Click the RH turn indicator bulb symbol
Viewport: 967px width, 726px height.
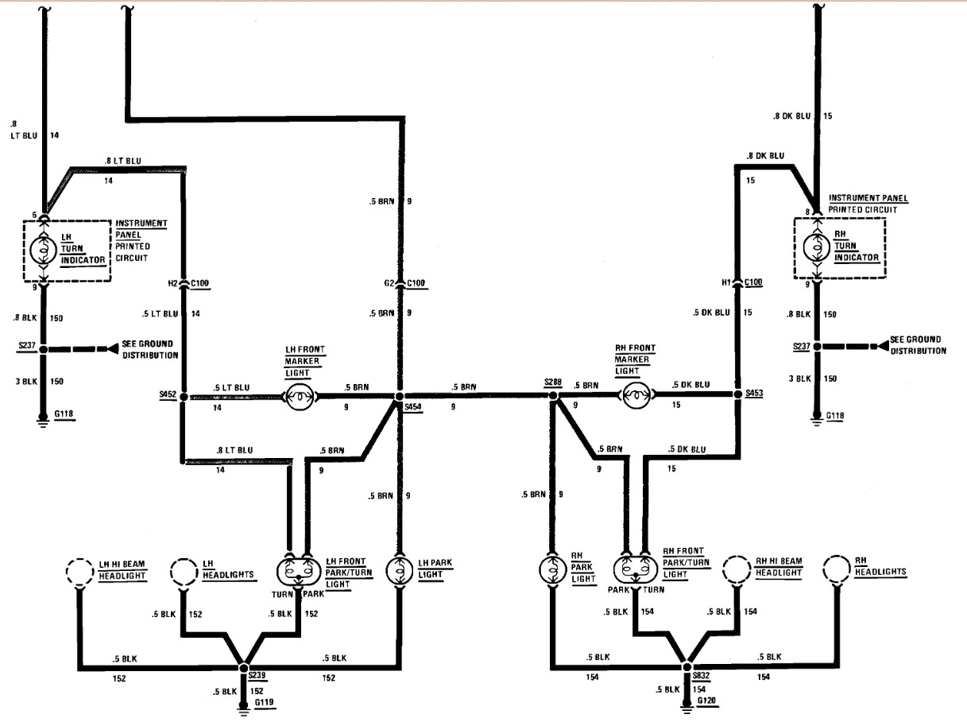click(x=816, y=249)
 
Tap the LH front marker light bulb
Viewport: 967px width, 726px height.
click(x=298, y=395)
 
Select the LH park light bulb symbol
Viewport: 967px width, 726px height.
click(x=398, y=570)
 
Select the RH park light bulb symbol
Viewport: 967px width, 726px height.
click(x=551, y=570)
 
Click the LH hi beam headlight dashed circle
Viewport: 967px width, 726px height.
click(x=79, y=572)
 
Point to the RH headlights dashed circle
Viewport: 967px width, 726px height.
click(x=837, y=570)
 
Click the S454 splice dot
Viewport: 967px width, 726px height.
click(x=400, y=395)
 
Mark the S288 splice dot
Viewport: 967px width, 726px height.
click(x=551, y=395)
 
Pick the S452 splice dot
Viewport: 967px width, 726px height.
click(x=184, y=395)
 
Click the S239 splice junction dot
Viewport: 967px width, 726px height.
click(x=244, y=665)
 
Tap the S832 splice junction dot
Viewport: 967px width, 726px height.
click(x=687, y=665)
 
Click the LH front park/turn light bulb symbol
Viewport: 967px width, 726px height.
click(x=297, y=571)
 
